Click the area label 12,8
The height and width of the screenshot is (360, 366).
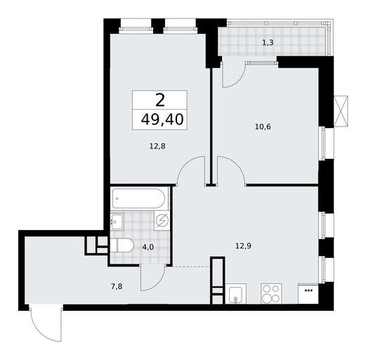pos(157,146)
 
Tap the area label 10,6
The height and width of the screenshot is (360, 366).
pos(263,127)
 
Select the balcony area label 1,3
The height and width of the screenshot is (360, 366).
pos(268,43)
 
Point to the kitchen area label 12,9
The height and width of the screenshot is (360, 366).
pos(244,246)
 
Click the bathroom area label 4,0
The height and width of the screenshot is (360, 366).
pos(148,247)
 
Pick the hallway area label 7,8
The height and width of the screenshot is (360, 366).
pos(117,286)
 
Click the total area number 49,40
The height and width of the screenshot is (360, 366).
pos(162,120)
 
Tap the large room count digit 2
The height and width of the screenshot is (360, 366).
pos(160,100)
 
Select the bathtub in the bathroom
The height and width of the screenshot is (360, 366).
pos(138,198)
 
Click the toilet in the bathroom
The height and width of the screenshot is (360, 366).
pos(122,245)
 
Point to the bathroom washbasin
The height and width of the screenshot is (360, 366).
pos(117,221)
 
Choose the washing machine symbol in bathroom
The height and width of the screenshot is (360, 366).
pos(162,220)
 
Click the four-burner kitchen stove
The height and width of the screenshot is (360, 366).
pos(271,294)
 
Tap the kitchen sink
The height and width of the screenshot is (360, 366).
pos(235,294)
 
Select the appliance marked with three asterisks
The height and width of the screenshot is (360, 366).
pos(308,294)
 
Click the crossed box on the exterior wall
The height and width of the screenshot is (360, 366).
pos(341,111)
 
